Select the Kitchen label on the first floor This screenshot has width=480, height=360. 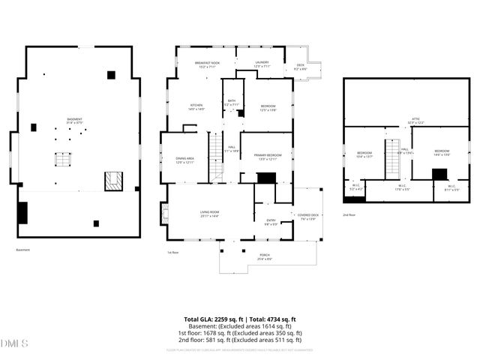click(196, 107)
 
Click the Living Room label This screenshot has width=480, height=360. click(209, 214)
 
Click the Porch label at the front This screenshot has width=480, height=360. click(265, 257)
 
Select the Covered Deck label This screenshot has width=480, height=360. click(308, 217)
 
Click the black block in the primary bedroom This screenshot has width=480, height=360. click(265, 178)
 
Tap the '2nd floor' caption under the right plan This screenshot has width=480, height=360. click(349, 214)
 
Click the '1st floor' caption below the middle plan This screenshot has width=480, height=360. click(172, 252)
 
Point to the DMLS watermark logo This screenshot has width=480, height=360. click(14, 344)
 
